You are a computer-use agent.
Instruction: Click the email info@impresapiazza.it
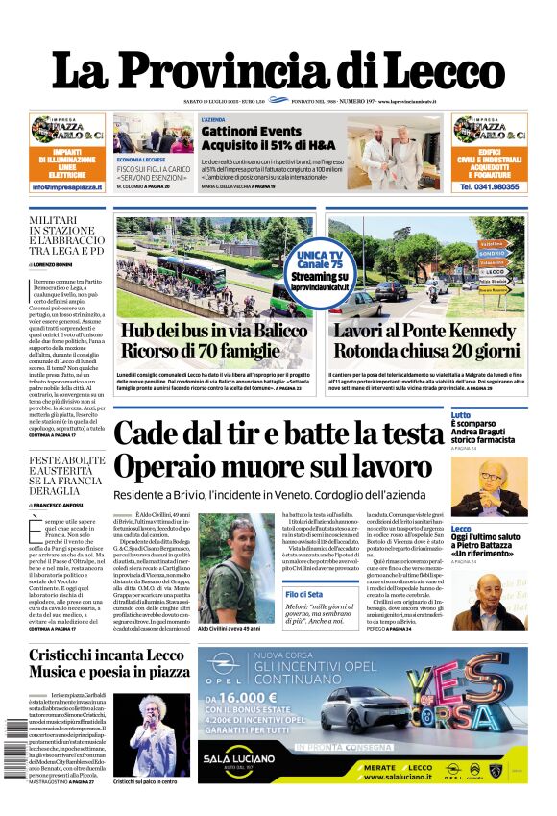coord(67,187)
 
